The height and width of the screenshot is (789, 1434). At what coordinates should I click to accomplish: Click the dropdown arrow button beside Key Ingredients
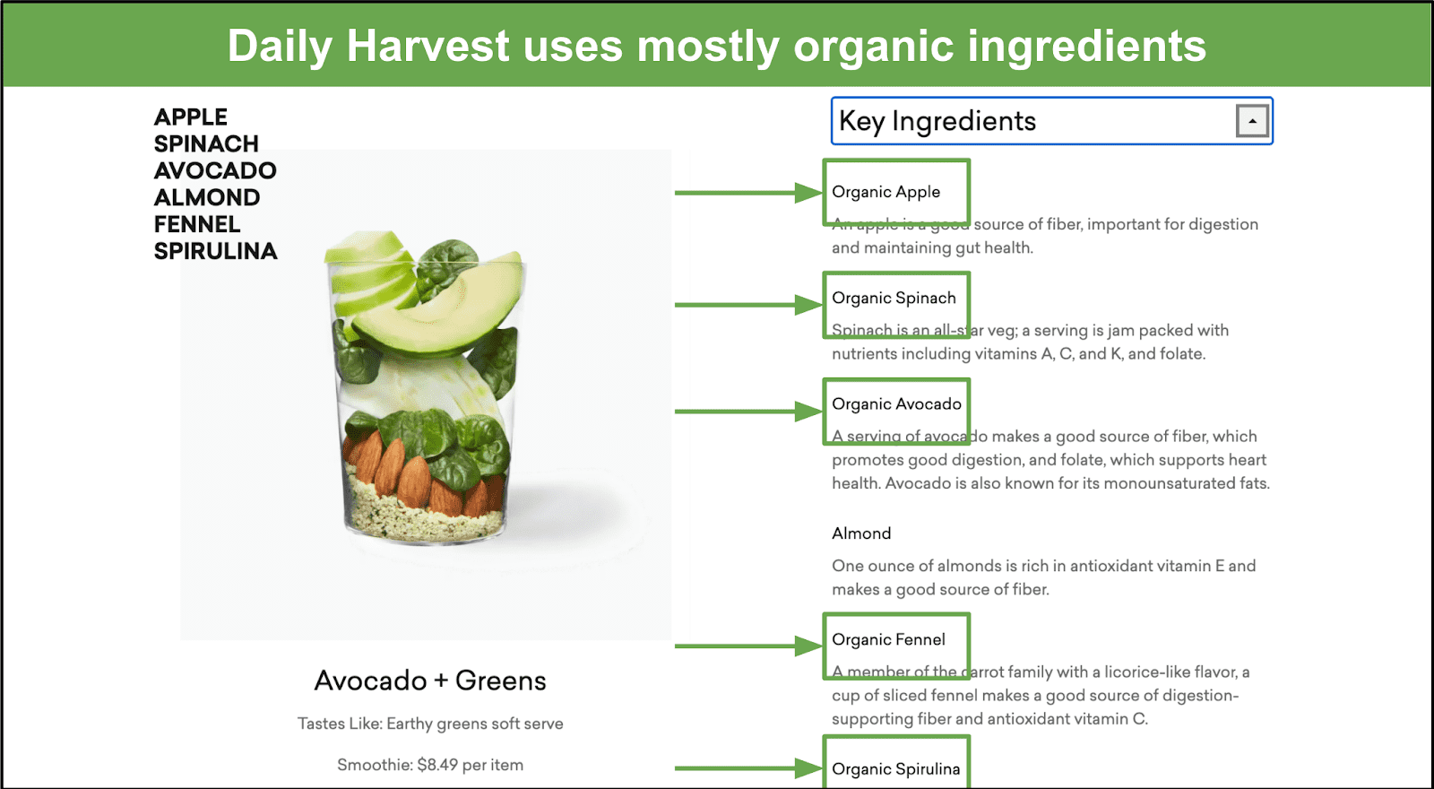click(x=1252, y=120)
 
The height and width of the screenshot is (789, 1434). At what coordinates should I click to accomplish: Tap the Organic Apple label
click(x=886, y=192)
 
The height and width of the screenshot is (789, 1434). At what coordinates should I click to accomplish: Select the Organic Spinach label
click(x=894, y=298)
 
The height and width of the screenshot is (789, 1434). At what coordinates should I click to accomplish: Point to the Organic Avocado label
click(x=896, y=404)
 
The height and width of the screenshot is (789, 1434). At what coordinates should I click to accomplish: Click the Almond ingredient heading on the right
click(x=861, y=533)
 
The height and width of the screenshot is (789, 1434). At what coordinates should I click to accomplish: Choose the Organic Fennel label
click(x=888, y=640)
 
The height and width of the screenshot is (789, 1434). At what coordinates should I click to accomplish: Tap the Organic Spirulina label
click(x=895, y=769)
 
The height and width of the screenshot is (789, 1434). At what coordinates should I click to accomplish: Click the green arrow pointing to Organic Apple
click(x=748, y=192)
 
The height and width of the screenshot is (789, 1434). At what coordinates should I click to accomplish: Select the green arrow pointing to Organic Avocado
click(x=748, y=412)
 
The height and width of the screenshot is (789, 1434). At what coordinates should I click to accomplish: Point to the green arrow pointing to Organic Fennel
click(x=748, y=646)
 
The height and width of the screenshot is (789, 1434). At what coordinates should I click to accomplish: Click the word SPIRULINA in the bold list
click(x=215, y=251)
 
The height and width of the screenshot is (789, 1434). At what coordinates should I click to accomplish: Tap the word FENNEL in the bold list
click(x=197, y=224)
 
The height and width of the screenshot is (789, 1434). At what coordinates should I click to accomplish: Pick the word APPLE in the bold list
click(x=191, y=117)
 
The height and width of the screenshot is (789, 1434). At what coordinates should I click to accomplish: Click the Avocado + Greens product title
click(x=430, y=681)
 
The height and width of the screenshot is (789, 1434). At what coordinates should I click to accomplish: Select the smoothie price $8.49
click(x=437, y=765)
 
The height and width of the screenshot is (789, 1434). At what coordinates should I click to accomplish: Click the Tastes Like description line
click(x=430, y=724)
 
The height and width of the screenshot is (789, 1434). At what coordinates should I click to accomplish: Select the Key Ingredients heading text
click(x=937, y=121)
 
